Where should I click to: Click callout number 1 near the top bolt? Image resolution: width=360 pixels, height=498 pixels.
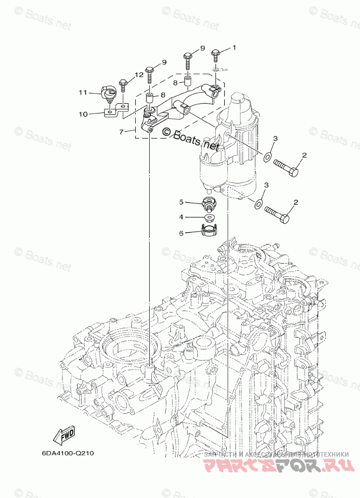234,47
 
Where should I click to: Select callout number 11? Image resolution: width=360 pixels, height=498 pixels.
83,92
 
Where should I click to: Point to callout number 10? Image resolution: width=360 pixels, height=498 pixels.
83,114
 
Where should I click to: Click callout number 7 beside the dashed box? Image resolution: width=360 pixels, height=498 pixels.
121,132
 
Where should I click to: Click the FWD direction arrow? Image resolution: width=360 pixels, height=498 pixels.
67,434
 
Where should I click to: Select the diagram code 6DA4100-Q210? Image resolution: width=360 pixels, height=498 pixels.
68,452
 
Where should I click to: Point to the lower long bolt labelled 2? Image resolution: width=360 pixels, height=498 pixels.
277,215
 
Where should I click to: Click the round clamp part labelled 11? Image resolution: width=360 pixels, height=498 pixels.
108,93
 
